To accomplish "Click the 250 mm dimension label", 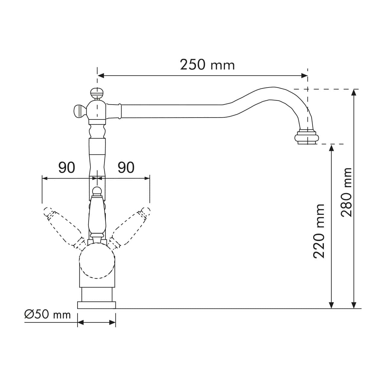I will (207, 65).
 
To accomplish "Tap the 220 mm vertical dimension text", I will (319, 231).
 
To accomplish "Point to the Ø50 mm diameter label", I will (47, 314).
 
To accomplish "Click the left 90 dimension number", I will (66, 168).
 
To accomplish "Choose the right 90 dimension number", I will (126, 168).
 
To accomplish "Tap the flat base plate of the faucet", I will (96, 305).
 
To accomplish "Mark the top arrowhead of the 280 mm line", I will (354, 92).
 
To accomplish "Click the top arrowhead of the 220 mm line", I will (332, 147).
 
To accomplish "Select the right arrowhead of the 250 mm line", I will (305, 76).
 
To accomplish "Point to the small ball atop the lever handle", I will (97, 190).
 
